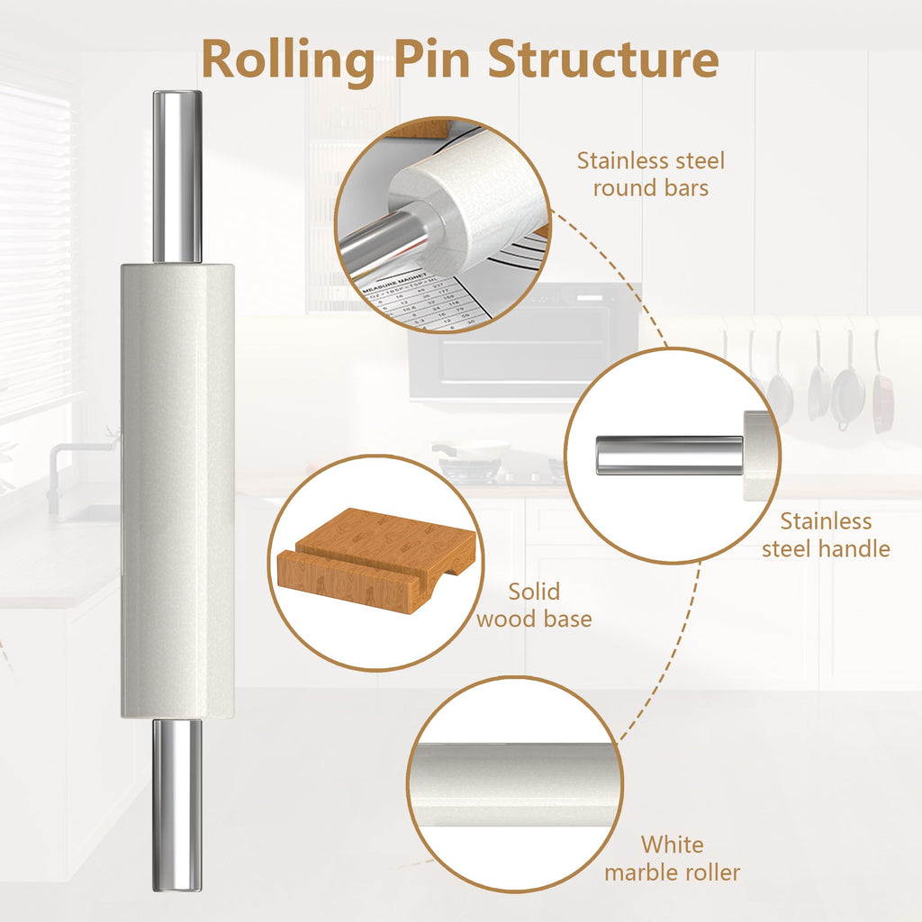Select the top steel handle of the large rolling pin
[x=176, y=176]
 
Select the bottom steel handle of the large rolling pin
[x=176, y=804]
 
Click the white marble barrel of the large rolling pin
[x=177, y=491]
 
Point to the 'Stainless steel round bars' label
[x=650, y=174]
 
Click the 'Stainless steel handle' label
[x=826, y=535]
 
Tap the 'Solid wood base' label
[x=534, y=605]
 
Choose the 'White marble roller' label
[x=673, y=858]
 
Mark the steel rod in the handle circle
[x=669, y=455]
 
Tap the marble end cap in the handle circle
[x=757, y=455]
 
